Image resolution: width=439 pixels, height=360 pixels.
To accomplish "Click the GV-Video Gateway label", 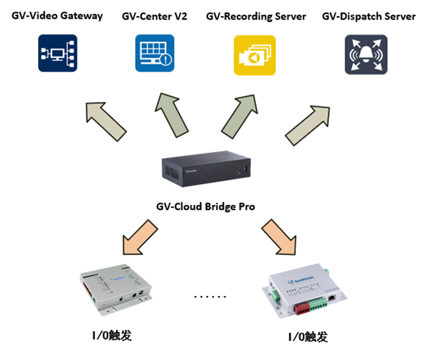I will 57,15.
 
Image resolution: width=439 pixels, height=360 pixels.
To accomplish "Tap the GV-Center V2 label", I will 154,16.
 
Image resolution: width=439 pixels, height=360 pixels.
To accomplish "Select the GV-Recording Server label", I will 256,16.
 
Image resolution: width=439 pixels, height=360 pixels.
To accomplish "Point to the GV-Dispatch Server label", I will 369,16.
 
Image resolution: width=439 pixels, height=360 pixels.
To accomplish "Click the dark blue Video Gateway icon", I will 58,53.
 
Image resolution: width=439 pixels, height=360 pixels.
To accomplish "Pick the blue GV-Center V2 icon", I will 154,53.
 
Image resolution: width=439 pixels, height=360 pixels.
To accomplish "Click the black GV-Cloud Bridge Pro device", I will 206,173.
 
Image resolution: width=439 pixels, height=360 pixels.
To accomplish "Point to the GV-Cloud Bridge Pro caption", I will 206,206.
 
